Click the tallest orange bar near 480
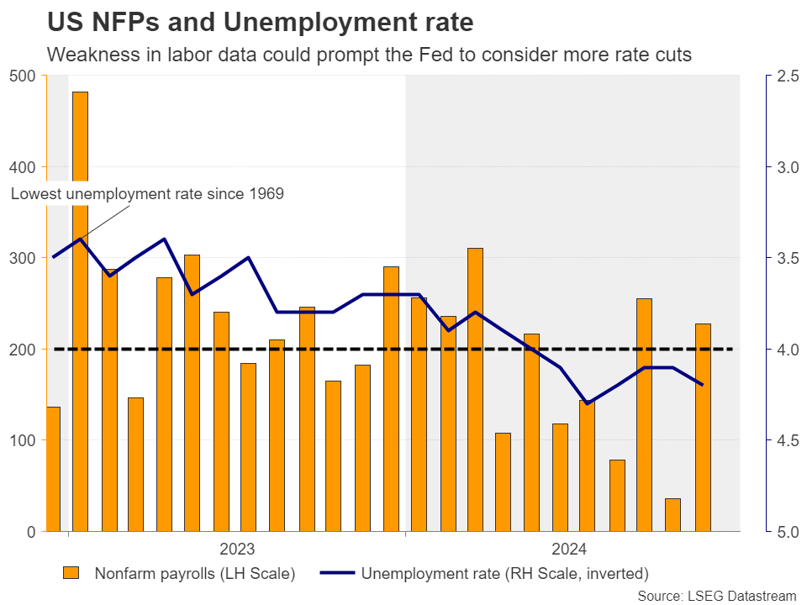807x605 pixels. tap(80, 311)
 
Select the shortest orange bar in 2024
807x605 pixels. tap(672, 514)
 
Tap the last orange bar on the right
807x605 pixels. tap(703, 427)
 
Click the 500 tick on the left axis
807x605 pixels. tap(23, 76)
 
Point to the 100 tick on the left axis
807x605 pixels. tap(23, 440)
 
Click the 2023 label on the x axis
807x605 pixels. tap(238, 550)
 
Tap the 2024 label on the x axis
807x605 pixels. tap(569, 550)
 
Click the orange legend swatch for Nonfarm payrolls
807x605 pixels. tap(71, 574)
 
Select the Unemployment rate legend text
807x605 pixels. tap(504, 574)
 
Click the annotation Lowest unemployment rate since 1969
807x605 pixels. tap(147, 194)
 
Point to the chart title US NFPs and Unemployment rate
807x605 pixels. tap(260, 21)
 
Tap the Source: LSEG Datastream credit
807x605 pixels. tap(716, 595)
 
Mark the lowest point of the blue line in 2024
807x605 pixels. tap(587, 403)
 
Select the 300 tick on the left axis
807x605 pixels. tap(23, 258)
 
